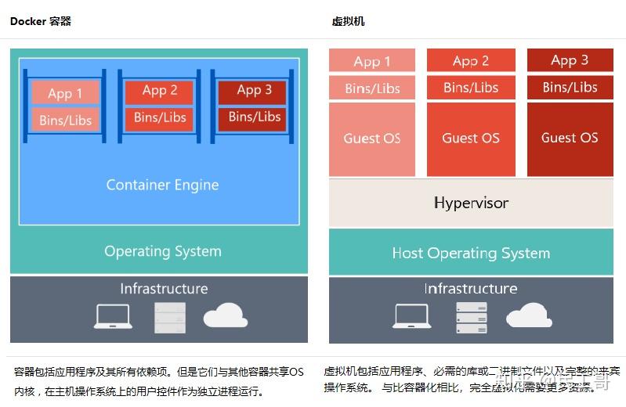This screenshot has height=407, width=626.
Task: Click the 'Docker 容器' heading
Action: pos(41,21)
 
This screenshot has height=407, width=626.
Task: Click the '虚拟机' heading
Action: pos(349,21)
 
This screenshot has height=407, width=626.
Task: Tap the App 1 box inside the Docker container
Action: pos(65,93)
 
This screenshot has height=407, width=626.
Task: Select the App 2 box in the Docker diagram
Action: pos(160,91)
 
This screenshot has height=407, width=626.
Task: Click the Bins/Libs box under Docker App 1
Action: pos(65,121)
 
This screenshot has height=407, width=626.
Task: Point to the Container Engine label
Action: pos(162,185)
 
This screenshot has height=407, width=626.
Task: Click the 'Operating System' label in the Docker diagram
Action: pos(162,251)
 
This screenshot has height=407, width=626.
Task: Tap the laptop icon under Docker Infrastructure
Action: pos(113,316)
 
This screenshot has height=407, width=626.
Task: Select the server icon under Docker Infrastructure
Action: pos(170,317)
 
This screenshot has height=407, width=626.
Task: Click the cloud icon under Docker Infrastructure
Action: pos(226,315)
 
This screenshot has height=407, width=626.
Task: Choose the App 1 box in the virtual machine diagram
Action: pos(372,61)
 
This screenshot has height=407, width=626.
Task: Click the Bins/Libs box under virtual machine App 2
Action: pos(471,88)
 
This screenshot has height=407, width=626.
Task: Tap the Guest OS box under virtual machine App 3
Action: pos(570,138)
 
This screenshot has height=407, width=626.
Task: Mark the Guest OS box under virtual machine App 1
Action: pos(372,139)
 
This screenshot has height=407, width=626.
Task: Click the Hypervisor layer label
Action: pos(471,203)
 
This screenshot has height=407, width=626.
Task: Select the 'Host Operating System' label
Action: pos(471,253)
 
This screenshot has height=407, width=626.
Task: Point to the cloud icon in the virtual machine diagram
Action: pos(529,315)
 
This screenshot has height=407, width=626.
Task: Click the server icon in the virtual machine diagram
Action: pos(471,317)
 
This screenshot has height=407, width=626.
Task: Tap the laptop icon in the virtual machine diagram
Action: pos(412,315)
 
